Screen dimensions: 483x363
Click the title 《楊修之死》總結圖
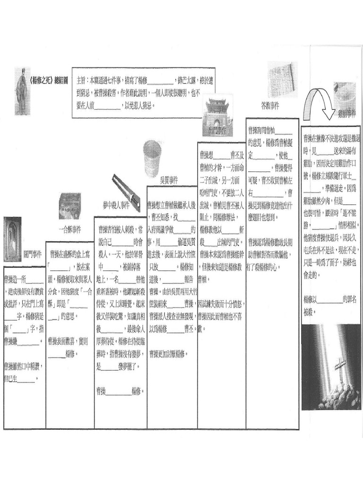pos(49,80)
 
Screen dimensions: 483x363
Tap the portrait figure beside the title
pos(22,92)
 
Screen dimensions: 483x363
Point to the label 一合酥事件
pos(70,229)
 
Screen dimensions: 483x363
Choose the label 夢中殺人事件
pos(116,205)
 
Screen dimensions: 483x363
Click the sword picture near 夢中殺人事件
pos(126,192)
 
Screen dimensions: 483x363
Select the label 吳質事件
pos(169,180)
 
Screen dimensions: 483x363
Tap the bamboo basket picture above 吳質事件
pos(152,158)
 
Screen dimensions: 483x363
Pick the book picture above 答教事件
pos(281,81)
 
